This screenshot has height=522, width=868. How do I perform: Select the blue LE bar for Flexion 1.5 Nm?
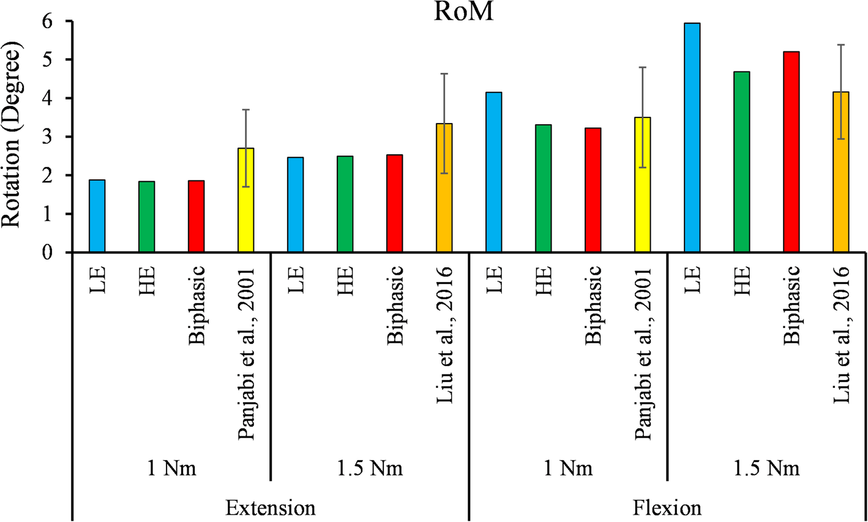pos(692,138)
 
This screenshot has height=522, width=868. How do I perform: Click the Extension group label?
pos(270,508)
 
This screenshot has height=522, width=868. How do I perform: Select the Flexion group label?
pos(668,508)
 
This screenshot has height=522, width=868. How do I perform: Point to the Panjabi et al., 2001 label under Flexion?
pos(643,352)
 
